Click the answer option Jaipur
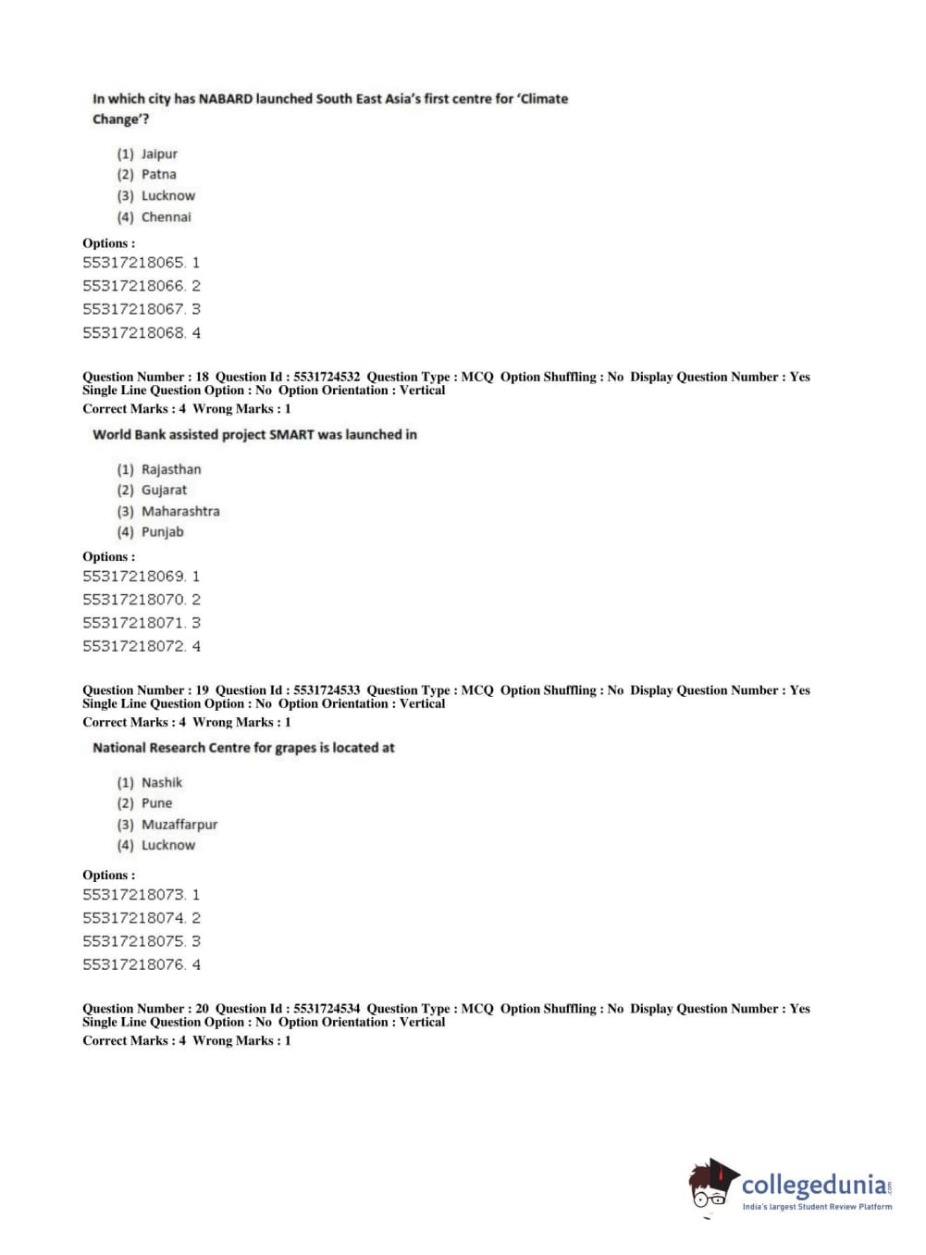(x=158, y=154)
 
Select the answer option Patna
(x=158, y=174)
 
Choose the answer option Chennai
(x=166, y=217)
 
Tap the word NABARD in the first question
(x=226, y=98)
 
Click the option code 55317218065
(x=134, y=263)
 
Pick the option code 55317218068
(x=134, y=332)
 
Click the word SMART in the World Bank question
(x=291, y=434)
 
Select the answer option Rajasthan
(x=170, y=469)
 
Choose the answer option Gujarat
(x=164, y=490)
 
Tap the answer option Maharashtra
(x=180, y=511)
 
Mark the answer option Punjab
(x=162, y=531)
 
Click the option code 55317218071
(x=134, y=623)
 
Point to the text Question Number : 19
(x=145, y=690)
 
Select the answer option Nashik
(x=162, y=782)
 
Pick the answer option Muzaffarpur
(x=179, y=824)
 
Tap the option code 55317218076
(x=134, y=964)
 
